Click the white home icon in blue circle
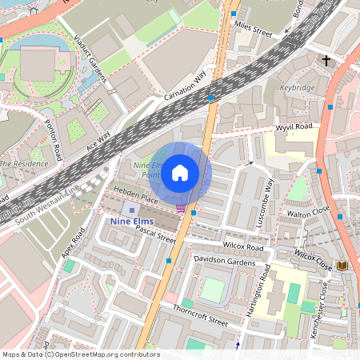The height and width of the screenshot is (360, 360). pyautogui.click(x=180, y=172)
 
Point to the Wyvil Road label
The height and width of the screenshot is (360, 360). pyautogui.click(x=294, y=126)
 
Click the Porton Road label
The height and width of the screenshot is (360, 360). pyautogui.click(x=52, y=139)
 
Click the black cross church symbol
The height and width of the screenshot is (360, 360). pyautogui.click(x=326, y=60)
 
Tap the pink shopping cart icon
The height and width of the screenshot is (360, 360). pyautogui.click(x=182, y=209)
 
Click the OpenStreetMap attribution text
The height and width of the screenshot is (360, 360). pyautogui.click(x=81, y=354)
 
